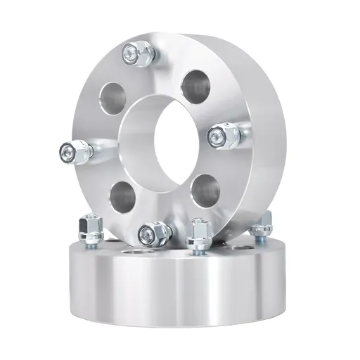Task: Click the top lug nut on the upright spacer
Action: coord(132,53)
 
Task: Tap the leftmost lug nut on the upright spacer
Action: coord(71,150)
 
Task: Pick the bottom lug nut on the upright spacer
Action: coord(149,232)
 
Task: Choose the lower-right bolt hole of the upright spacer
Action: coord(206,188)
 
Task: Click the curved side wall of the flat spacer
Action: coord(176,288)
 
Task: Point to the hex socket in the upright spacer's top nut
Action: coord(129,51)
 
